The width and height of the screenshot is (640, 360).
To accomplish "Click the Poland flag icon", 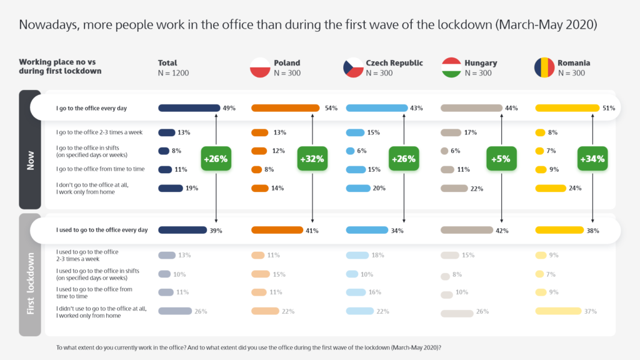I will (x=259, y=67).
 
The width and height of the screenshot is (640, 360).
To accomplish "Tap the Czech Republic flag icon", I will (x=352, y=67).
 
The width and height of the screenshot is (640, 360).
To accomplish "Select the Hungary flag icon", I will (x=451, y=67).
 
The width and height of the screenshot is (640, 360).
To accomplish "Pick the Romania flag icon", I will (x=543, y=67).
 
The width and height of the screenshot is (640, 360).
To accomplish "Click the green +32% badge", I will (x=312, y=159).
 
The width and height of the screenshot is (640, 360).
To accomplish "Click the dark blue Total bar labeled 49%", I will (x=189, y=108).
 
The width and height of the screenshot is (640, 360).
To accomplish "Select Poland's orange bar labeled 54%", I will (x=286, y=108).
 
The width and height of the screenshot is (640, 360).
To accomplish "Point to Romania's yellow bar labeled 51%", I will (x=566, y=108).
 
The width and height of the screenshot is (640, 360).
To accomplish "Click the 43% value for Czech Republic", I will (x=416, y=108).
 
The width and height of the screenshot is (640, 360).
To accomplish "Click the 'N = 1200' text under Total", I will (x=174, y=73).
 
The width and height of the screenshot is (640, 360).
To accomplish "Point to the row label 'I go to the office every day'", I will (x=91, y=108).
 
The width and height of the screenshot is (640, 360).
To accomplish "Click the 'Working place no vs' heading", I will (x=53, y=62).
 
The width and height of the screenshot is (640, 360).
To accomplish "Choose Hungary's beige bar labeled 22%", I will (x=454, y=188).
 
